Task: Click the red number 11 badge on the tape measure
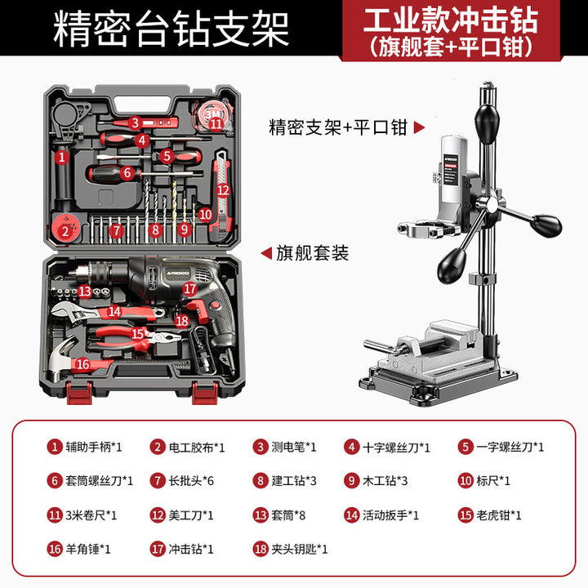point(216,123)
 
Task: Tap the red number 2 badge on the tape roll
point(65,231)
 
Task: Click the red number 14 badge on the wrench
point(114,311)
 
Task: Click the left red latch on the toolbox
point(79,393)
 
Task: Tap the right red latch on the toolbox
point(205,393)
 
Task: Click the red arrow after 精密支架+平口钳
point(419,127)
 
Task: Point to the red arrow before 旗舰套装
point(266,253)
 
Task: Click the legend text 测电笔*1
point(294,447)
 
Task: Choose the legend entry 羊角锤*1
point(88,549)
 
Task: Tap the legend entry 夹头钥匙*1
point(300,549)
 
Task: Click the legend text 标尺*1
point(493,481)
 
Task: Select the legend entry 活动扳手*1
point(390,515)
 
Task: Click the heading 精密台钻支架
point(171,29)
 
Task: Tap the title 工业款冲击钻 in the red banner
point(451,20)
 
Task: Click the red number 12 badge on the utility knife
point(223,190)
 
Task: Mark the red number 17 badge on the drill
point(189,288)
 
